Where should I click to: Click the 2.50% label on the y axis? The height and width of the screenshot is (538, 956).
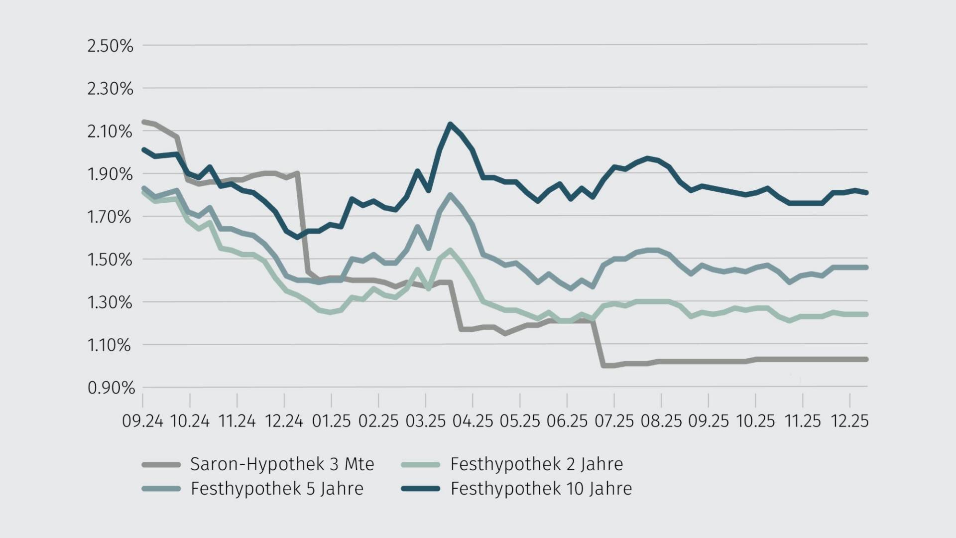(x=110, y=46)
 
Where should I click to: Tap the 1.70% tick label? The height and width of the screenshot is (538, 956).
(x=110, y=217)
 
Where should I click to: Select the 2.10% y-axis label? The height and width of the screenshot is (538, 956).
(x=110, y=132)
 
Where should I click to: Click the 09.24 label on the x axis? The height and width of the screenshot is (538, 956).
(x=142, y=421)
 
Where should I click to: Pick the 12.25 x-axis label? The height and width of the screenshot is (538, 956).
(x=850, y=421)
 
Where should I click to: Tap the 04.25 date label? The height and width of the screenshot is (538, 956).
(x=473, y=421)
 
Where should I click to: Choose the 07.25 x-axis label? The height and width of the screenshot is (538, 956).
(x=614, y=421)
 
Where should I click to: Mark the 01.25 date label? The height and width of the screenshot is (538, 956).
(x=331, y=421)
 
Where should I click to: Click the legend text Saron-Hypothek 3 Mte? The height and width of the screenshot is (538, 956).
(x=282, y=464)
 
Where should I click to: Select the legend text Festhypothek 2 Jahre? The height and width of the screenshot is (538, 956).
(x=536, y=464)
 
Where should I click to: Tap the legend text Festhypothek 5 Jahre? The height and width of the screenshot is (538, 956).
(x=277, y=489)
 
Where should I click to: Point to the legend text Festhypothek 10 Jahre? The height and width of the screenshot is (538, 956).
(x=541, y=489)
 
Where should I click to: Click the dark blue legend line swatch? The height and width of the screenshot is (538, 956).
(x=421, y=489)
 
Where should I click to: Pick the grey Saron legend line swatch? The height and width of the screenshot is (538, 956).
(x=161, y=465)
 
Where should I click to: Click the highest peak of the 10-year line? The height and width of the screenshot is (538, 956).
(x=450, y=124)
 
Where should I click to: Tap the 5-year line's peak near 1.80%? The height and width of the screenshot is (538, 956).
(x=450, y=195)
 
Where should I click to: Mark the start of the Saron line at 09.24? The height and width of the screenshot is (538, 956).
(x=144, y=122)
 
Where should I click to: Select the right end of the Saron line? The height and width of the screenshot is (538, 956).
(x=866, y=359)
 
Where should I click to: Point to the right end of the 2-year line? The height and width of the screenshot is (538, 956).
(x=866, y=314)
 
